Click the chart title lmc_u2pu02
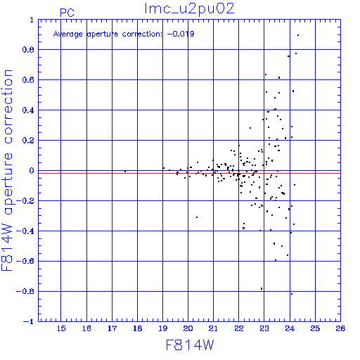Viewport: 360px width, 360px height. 189,9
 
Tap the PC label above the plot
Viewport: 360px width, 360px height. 67,13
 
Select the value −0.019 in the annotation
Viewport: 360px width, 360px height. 181,34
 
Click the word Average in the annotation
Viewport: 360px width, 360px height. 68,34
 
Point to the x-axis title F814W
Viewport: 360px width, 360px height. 190,345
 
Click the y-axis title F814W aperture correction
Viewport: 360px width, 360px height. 7,170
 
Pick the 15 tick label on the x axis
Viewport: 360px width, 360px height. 61,328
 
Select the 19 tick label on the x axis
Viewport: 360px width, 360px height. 163,328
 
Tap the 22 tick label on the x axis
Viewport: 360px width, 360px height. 239,328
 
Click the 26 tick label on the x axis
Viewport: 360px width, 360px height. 340,328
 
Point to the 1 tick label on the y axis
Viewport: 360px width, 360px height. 32,20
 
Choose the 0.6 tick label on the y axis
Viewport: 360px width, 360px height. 28,80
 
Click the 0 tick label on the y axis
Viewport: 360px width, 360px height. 32,171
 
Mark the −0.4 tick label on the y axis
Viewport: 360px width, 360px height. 25,231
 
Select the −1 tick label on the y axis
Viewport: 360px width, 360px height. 29,321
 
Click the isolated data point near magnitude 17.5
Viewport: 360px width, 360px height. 125,172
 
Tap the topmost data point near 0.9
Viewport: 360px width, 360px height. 298,35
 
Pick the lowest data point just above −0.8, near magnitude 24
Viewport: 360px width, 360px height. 292,294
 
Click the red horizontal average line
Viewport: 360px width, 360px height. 189,173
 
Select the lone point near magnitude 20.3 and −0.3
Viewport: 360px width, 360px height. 197,217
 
